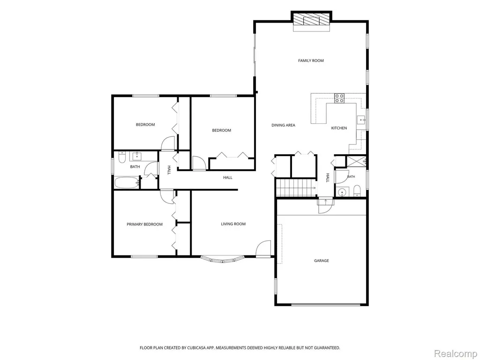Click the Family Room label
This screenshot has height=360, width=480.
pos(311,60)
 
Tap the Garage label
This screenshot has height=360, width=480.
pos(322,261)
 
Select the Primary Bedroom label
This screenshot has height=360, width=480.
pos(144,225)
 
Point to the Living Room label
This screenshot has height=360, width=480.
pos(233,224)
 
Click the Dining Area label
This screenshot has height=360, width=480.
pos(283,125)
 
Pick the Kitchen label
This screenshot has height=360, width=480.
pos(339,128)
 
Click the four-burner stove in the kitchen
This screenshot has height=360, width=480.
pos(339,98)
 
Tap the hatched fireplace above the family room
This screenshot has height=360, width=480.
pos(312,18)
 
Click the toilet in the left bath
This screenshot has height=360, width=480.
pos(122,158)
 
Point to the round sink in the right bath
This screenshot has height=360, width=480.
pos(341,192)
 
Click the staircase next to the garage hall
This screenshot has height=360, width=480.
pos(296,187)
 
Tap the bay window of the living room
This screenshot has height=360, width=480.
pos(223,259)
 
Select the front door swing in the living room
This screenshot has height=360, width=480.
pos(263,248)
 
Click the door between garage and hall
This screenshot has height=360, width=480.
pos(325,206)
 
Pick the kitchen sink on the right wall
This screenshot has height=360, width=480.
pos(361,120)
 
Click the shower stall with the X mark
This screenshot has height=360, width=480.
pos(356,161)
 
